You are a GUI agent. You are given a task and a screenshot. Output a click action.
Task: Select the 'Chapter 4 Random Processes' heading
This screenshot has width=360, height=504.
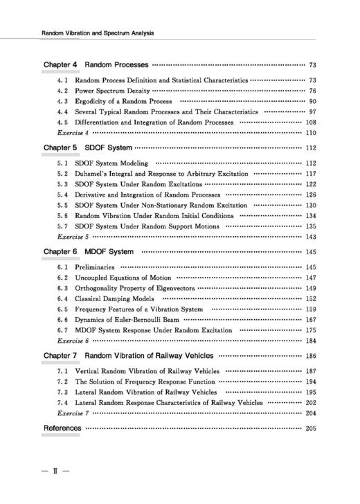click(x=96, y=65)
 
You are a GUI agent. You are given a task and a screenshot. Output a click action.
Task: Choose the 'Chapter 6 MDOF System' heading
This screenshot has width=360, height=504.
click(x=88, y=251)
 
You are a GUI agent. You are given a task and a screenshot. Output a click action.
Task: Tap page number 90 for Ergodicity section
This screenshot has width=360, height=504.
click(x=312, y=101)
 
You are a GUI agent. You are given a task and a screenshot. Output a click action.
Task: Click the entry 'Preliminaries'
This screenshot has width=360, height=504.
click(x=95, y=267)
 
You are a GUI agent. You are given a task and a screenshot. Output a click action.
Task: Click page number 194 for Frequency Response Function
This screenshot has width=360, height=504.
click(x=310, y=381)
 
